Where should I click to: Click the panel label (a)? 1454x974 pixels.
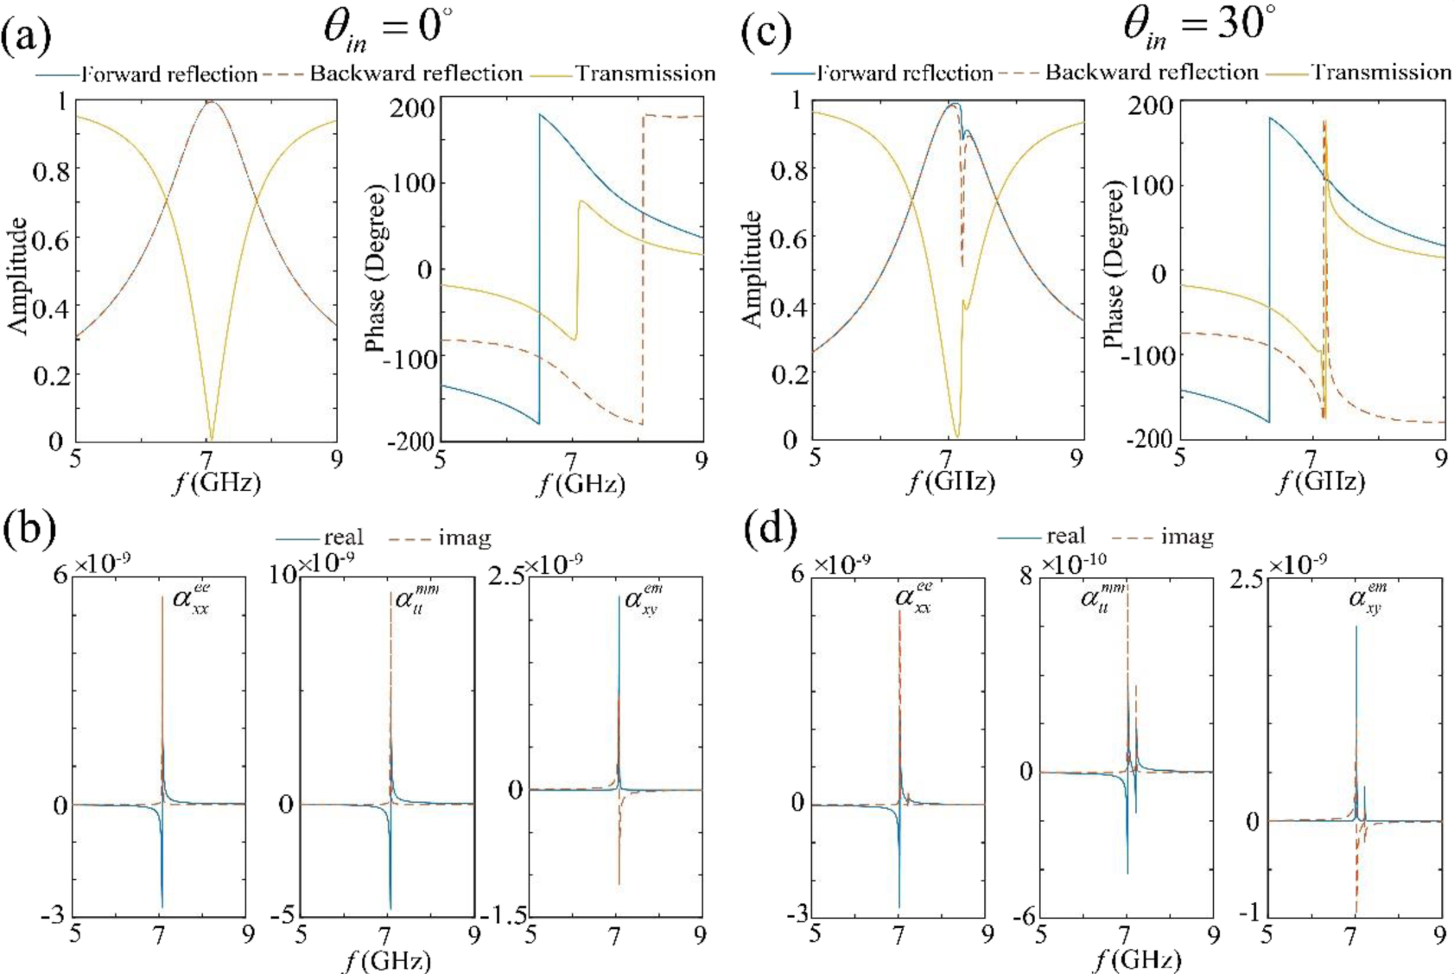(27, 35)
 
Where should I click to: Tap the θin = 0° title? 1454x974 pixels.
(387, 29)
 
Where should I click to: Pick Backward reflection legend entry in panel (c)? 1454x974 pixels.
(1151, 72)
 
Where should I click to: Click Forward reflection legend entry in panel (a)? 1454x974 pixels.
(169, 74)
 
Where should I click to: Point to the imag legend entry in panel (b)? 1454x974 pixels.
(464, 538)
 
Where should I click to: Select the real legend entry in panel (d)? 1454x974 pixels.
(1065, 537)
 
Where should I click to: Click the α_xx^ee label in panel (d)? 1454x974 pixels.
(913, 597)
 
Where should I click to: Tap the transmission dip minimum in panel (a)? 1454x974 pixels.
(211, 438)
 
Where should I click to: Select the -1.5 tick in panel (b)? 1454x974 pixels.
(507, 916)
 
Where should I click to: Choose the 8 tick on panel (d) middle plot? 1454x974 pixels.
(1025, 576)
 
